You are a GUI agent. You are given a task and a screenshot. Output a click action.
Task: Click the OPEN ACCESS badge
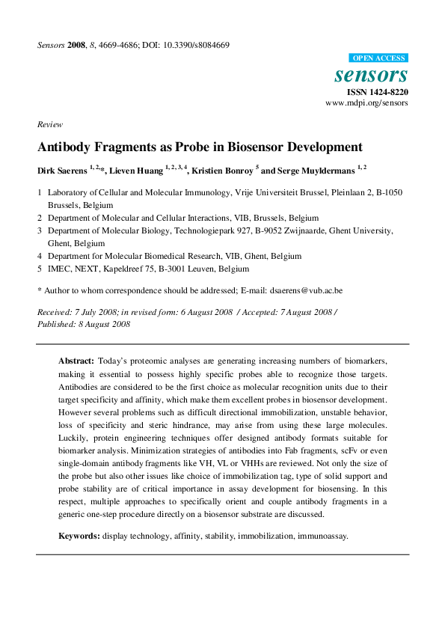pos(378,58)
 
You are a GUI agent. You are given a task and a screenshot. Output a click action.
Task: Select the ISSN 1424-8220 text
pos(376,91)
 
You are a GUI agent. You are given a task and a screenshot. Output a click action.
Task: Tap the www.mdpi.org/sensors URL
pos(366,103)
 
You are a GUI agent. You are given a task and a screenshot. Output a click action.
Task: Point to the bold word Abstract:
pos(76,360)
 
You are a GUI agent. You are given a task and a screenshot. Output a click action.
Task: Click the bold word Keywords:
pos(80,536)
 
